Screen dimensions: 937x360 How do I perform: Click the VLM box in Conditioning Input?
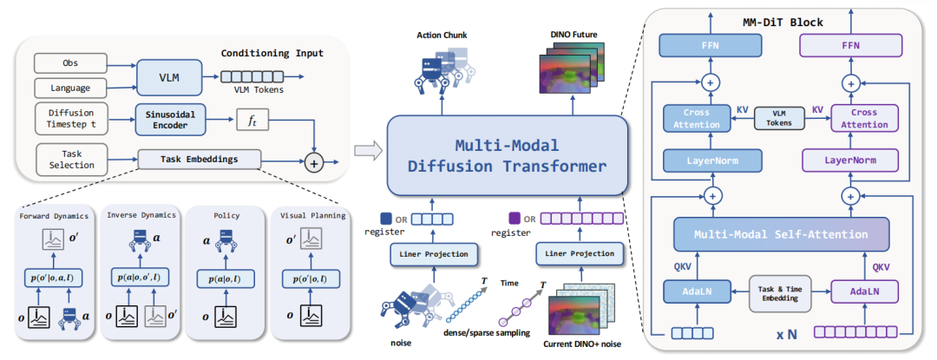pyautogui.click(x=164, y=76)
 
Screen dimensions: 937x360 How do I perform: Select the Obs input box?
pyautogui.click(x=70, y=63)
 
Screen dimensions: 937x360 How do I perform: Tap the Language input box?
pyautogui.click(x=70, y=88)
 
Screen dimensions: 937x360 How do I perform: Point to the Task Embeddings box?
pyautogui.click(x=200, y=160)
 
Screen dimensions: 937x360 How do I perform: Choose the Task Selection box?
pyautogui.click(x=70, y=158)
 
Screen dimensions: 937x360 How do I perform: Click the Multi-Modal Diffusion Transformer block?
pyautogui.click(x=507, y=154)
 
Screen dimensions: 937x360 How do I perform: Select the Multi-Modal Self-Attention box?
pyautogui.click(x=781, y=233)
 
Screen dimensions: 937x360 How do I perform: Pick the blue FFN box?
pyautogui.click(x=711, y=45)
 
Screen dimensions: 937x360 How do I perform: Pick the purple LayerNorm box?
pyautogui.click(x=849, y=160)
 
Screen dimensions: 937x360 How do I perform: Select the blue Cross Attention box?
pyautogui.click(x=698, y=118)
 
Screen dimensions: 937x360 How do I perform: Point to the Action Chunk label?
pyautogui.click(x=442, y=36)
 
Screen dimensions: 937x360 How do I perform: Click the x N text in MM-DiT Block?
pyautogui.click(x=786, y=334)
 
